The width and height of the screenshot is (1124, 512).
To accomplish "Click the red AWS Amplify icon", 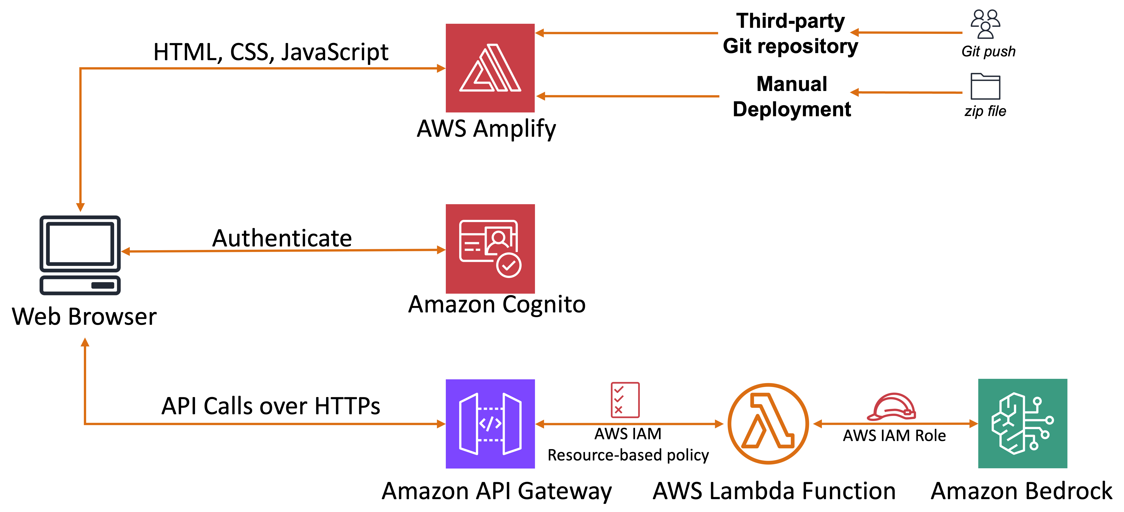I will (x=490, y=68).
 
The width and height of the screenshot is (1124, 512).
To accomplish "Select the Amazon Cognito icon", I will (x=490, y=249).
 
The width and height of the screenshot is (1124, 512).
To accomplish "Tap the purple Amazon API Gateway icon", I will (x=490, y=423).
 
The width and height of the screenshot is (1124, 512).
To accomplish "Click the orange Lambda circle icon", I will (x=768, y=423).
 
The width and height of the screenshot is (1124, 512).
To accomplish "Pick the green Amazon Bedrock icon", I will (x=1022, y=423).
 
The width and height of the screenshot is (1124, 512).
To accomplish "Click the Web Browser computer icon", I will (x=80, y=255).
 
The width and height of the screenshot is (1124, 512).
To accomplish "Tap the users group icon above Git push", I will (x=985, y=24).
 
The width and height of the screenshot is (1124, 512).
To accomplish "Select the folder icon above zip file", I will (x=985, y=86).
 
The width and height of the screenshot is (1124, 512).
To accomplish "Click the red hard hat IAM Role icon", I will (x=891, y=407).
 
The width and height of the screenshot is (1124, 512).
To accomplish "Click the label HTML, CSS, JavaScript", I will (x=271, y=52).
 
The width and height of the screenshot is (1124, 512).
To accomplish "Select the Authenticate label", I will (x=282, y=238).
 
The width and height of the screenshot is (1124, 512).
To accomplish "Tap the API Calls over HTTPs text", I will (x=271, y=406).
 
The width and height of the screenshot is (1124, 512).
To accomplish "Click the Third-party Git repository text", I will (x=790, y=34).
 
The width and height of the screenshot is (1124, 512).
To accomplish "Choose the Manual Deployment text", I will (x=792, y=97).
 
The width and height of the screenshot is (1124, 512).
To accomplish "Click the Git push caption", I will (x=988, y=52).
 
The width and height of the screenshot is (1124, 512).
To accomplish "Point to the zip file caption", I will (x=985, y=111).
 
